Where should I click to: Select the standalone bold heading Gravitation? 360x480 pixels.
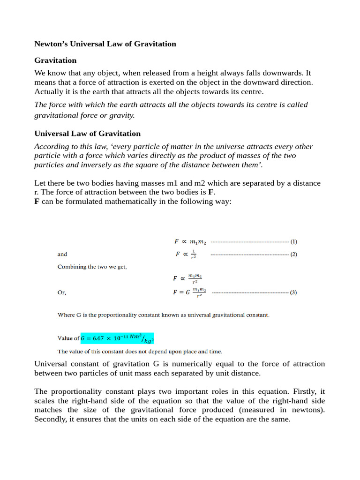tap(55, 60)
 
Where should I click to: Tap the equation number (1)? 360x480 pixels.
tap(294, 242)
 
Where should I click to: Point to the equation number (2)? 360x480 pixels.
tap(294, 255)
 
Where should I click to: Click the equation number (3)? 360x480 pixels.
tap(293, 292)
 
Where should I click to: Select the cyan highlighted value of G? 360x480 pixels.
tap(117, 338)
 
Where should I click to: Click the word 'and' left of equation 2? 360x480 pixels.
tap(62, 255)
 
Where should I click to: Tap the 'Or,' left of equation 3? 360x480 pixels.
tap(62, 292)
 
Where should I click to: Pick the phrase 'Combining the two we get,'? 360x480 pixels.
tap(92, 267)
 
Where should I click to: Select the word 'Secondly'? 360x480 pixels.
tap(51, 420)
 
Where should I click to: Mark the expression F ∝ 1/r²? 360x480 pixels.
tap(186, 255)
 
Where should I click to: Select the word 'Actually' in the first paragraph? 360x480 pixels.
tap(50, 91)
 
